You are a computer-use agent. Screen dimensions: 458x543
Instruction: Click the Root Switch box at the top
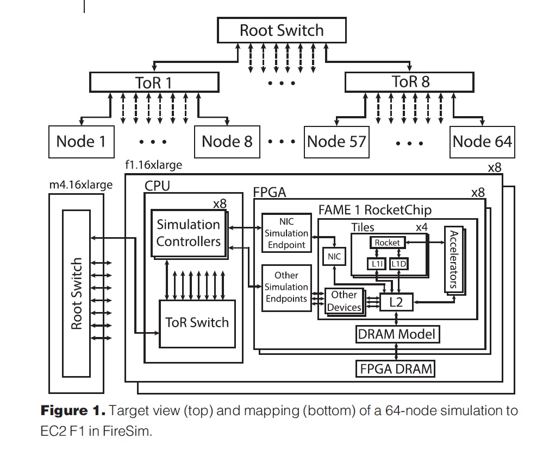(282, 30)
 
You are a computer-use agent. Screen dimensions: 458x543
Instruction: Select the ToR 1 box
(154, 82)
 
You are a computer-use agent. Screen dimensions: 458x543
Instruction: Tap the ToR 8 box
(411, 82)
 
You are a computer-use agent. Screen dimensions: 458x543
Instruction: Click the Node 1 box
(81, 142)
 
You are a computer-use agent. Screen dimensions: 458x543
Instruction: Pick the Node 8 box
(227, 142)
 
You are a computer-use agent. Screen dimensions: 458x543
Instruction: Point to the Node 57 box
(336, 142)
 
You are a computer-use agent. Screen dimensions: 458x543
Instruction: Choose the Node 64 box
(482, 142)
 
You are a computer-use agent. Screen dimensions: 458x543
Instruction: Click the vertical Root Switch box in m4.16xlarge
(77, 293)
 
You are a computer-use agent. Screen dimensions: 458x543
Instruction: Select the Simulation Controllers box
(188, 233)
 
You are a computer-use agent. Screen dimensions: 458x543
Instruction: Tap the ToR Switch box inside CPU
(197, 322)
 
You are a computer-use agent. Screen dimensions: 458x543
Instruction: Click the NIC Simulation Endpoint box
(286, 233)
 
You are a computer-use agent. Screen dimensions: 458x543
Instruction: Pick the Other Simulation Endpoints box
(286, 288)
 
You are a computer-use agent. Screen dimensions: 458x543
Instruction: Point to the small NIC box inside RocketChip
(334, 257)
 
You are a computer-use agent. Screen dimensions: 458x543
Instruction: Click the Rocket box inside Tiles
(387, 243)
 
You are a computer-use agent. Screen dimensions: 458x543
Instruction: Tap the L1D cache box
(400, 264)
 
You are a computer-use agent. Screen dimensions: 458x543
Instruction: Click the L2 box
(396, 302)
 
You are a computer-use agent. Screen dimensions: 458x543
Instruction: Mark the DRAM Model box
(397, 334)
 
